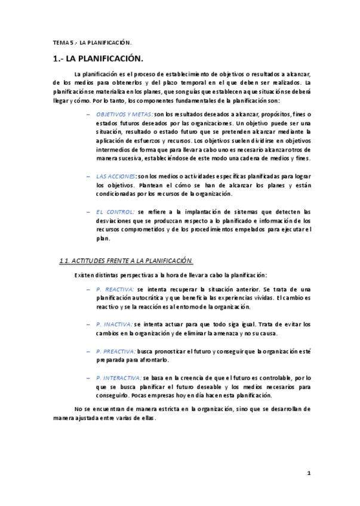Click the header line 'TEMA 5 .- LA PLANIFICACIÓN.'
tap(92, 43)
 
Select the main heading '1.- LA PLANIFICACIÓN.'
tap(98, 59)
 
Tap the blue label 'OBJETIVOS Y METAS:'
tap(124, 113)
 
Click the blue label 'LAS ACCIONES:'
tap(116, 177)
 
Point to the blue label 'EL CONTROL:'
tap(115, 212)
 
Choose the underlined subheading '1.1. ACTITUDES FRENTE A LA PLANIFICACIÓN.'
tap(126, 261)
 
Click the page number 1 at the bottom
tap(309, 473)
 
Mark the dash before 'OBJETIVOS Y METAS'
tap(88, 113)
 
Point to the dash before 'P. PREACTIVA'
tap(88, 351)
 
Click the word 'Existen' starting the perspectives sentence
tap(84, 275)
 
